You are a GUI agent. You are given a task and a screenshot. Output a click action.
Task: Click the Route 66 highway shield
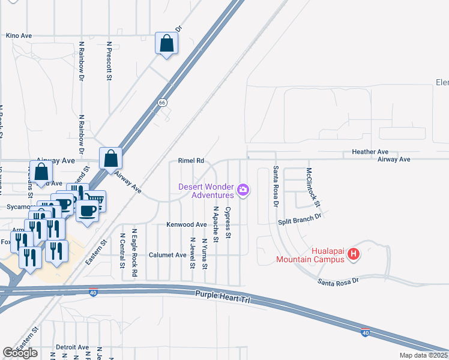(x=162, y=103)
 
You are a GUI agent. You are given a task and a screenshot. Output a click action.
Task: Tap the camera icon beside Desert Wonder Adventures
(x=243, y=190)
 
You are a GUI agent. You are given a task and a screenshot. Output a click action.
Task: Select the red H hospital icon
(x=354, y=254)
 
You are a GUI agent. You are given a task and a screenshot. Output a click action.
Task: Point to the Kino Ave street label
(x=19, y=36)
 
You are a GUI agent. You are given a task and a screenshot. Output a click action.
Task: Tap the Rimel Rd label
(x=191, y=161)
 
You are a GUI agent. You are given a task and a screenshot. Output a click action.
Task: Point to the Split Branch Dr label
(x=300, y=222)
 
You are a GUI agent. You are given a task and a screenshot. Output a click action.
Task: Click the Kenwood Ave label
(x=186, y=224)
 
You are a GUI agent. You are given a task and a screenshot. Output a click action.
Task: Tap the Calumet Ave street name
(x=167, y=255)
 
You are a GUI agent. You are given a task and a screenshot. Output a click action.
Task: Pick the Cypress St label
(x=228, y=223)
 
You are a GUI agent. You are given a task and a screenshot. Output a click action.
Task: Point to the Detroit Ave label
(x=72, y=347)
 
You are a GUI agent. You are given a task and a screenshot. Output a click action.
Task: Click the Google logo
(x=20, y=353)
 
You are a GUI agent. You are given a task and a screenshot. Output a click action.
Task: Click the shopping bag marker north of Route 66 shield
(x=166, y=43)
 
